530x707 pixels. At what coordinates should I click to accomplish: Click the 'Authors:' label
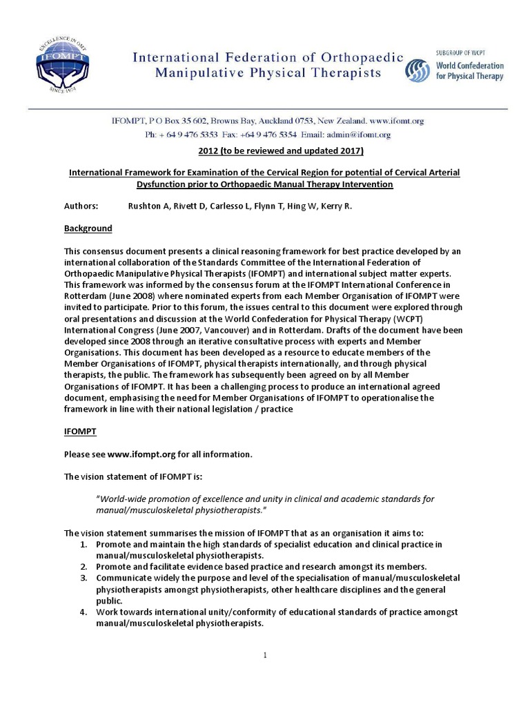coord(81,206)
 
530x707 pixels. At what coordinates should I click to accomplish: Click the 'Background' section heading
coord(88,228)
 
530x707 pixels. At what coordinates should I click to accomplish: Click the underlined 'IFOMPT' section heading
coord(80,432)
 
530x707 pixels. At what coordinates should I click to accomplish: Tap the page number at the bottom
coord(265,655)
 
